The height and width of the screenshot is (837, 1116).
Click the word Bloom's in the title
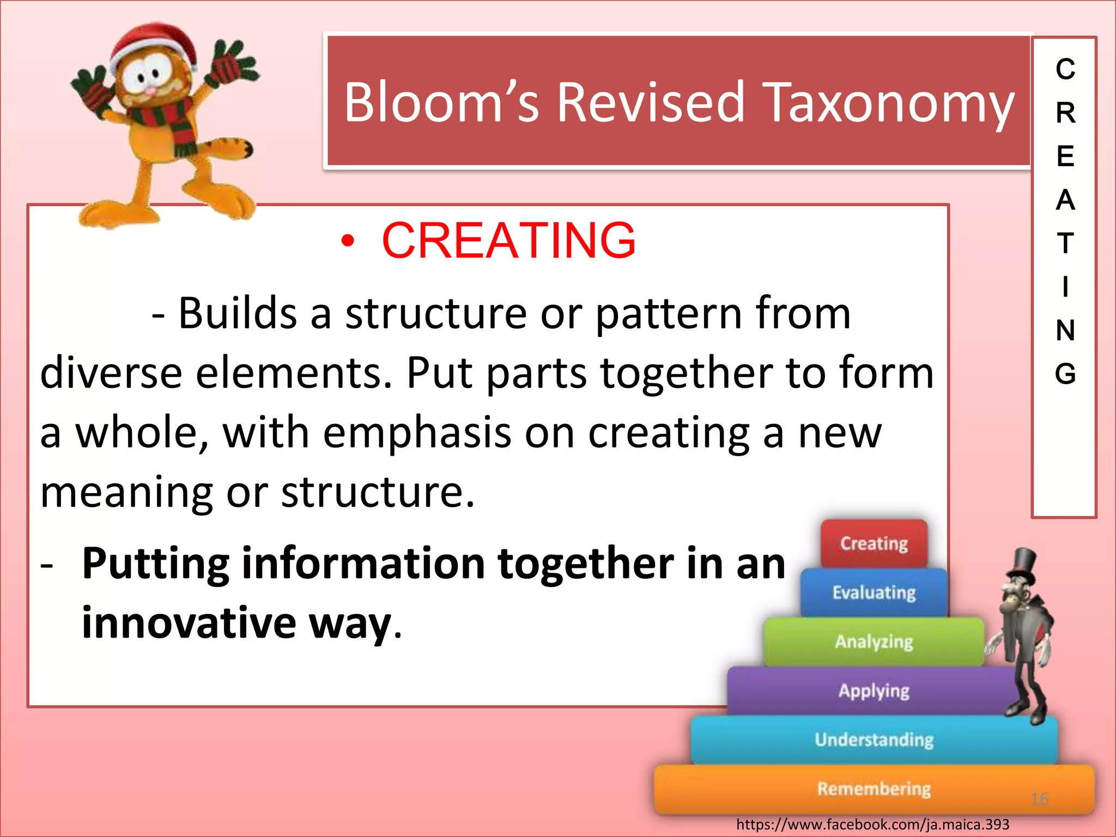pos(441,102)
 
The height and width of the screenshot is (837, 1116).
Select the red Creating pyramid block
pos(874,543)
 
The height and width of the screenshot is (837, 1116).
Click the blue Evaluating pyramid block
pos(874,592)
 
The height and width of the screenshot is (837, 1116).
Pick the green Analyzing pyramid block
pos(874,641)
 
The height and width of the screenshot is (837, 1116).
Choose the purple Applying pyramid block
pos(874,690)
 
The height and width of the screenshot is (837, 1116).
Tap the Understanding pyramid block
pos(874,739)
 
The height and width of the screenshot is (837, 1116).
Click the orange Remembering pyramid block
pos(874,789)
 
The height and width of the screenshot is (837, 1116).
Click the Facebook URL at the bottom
pos(872,824)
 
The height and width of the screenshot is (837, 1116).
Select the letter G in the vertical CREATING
pos(1065,374)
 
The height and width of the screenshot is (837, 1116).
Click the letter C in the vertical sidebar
pos(1065,69)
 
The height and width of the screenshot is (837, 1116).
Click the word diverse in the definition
pos(111,374)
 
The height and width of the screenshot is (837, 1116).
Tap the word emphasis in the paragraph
pos(416,433)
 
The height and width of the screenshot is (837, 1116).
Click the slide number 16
pos(1040,799)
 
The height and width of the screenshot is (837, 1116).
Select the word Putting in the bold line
pos(155,564)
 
